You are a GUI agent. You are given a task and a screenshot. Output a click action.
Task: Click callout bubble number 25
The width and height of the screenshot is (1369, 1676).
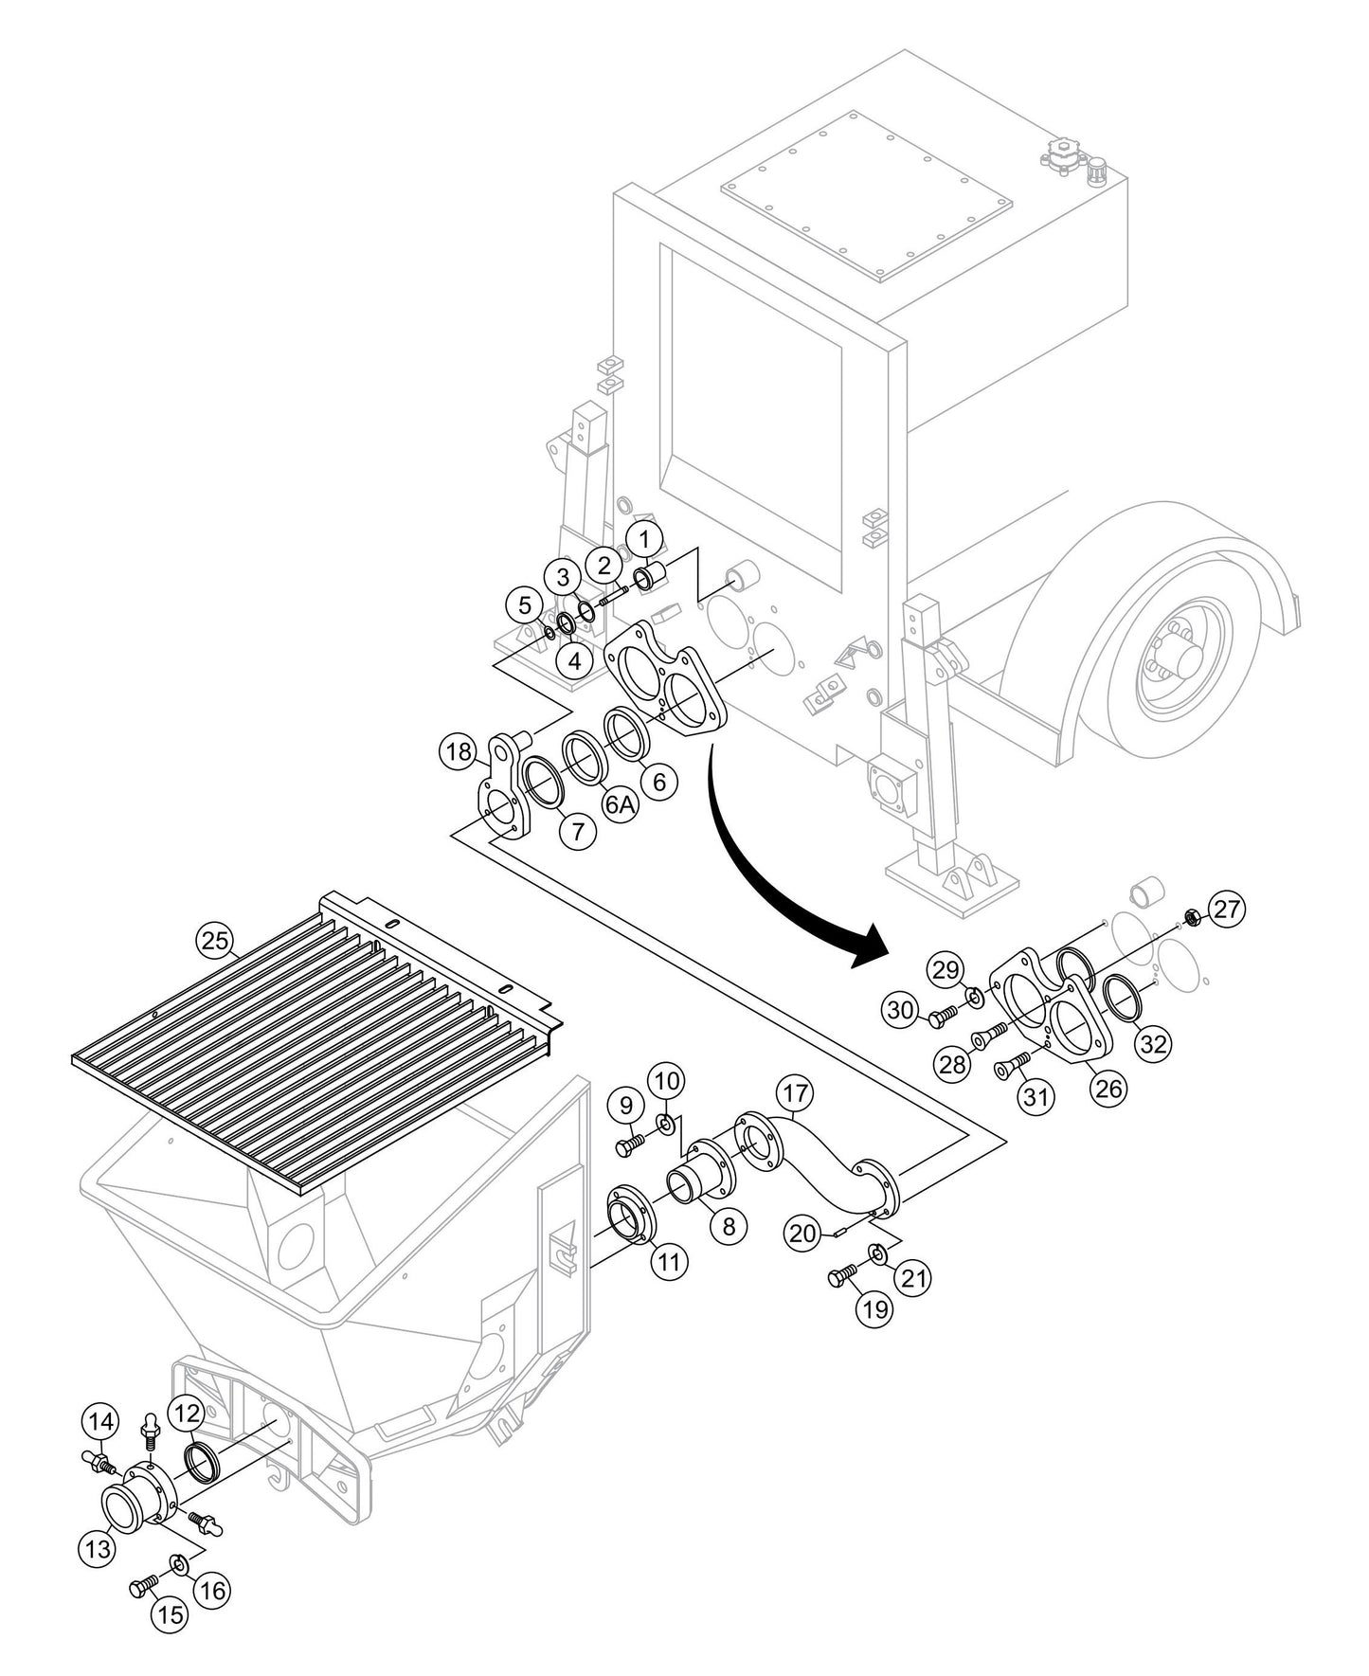(214, 941)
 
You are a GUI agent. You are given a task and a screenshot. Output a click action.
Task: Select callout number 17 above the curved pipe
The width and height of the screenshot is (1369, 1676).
(794, 1093)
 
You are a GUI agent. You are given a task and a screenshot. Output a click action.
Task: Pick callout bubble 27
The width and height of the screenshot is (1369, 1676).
(1227, 910)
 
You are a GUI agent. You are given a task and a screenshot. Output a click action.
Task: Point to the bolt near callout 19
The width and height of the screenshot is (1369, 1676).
(842, 1278)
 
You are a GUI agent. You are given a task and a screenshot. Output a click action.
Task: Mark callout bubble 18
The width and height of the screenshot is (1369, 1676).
(459, 753)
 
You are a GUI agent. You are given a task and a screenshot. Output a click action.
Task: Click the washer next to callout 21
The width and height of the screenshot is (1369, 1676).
(877, 1255)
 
